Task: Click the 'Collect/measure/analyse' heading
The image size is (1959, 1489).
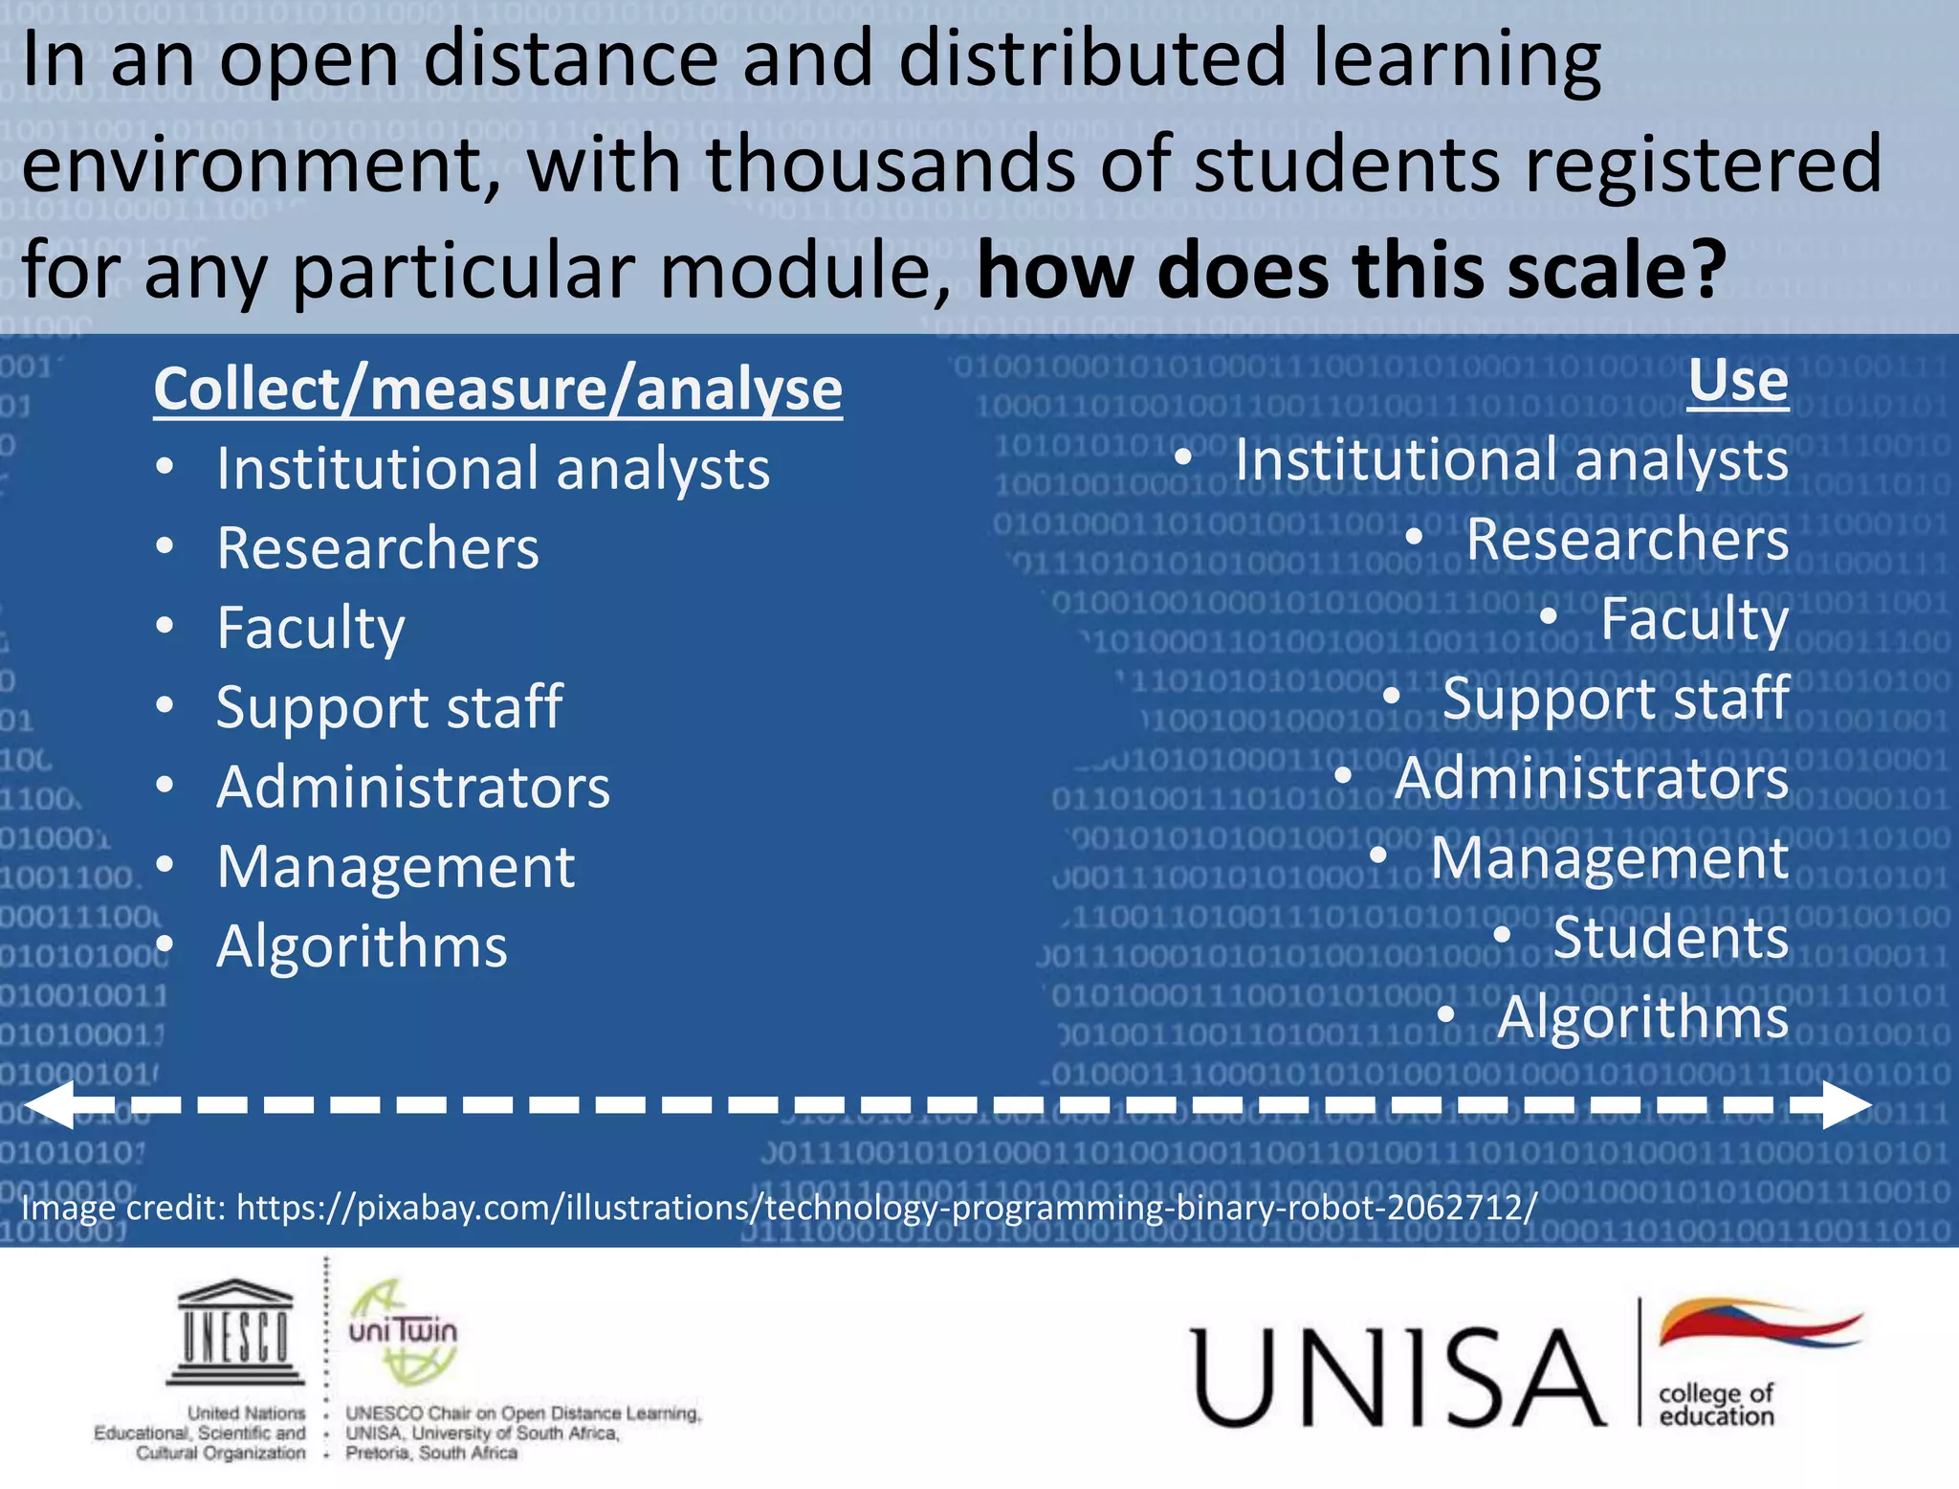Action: pyautogui.click(x=497, y=389)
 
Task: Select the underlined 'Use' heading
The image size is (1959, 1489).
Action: pyautogui.click(x=1737, y=382)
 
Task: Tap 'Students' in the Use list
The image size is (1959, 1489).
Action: pyautogui.click(x=1670, y=937)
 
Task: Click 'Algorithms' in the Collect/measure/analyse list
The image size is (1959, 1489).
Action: pyautogui.click(x=362, y=946)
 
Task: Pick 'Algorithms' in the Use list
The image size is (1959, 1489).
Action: pyautogui.click(x=1642, y=1016)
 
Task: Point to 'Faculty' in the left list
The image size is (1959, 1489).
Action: pyautogui.click(x=311, y=628)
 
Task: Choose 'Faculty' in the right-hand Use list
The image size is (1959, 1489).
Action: pyautogui.click(x=1694, y=619)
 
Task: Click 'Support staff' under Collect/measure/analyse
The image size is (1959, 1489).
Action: pyautogui.click(x=389, y=707)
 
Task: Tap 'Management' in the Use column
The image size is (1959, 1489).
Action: pyautogui.click(x=1609, y=857)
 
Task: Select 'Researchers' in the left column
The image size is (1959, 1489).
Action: pyautogui.click(x=378, y=548)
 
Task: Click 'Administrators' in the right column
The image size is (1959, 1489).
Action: pyautogui.click(x=1592, y=778)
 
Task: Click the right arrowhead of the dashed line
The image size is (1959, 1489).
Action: pyautogui.click(x=1844, y=1105)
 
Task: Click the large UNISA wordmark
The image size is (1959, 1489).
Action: pyautogui.click(x=1398, y=1377)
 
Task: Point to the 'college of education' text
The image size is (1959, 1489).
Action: pyautogui.click(x=1716, y=1405)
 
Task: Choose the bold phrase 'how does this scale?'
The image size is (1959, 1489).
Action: pyautogui.click(x=1352, y=271)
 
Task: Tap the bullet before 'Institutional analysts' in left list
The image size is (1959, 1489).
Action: pyautogui.click(x=165, y=467)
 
